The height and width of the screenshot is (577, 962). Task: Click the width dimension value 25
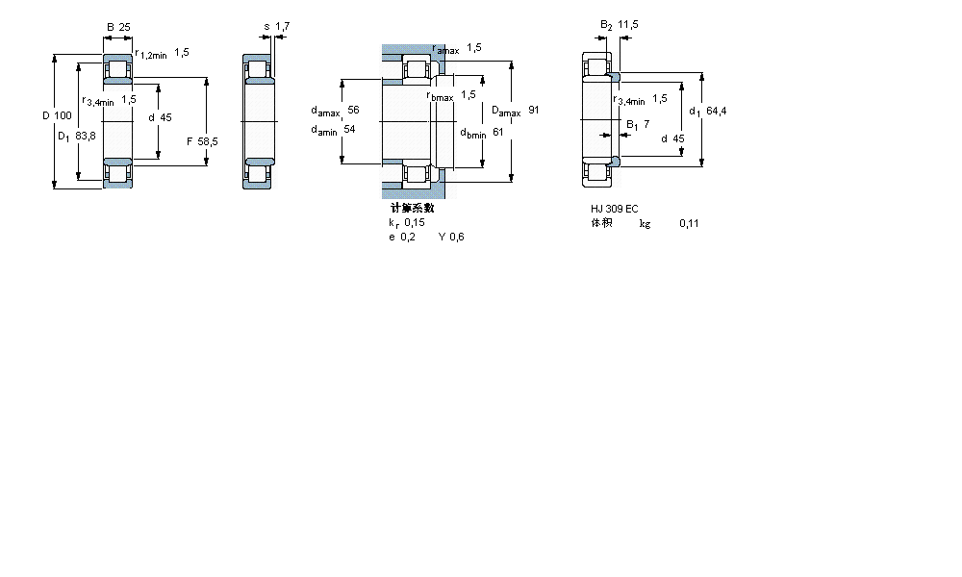click(x=125, y=26)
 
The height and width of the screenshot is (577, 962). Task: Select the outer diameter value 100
click(x=63, y=116)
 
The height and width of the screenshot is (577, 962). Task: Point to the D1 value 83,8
click(x=85, y=136)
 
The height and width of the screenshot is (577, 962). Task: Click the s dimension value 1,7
click(x=281, y=26)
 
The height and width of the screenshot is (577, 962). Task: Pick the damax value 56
click(x=353, y=110)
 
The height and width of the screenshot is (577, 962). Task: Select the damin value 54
click(x=349, y=130)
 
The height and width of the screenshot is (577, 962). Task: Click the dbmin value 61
click(x=498, y=132)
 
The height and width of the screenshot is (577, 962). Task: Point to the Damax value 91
click(x=533, y=110)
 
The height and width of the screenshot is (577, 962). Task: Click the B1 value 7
click(x=646, y=124)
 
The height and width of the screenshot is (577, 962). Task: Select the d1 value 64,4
click(x=716, y=111)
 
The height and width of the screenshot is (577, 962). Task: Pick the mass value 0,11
click(x=689, y=223)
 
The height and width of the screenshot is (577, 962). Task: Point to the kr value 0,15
click(x=414, y=222)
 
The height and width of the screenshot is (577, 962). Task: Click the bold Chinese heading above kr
click(x=412, y=208)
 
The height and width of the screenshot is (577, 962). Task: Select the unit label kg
click(x=645, y=223)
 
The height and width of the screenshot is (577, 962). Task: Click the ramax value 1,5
click(x=474, y=47)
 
